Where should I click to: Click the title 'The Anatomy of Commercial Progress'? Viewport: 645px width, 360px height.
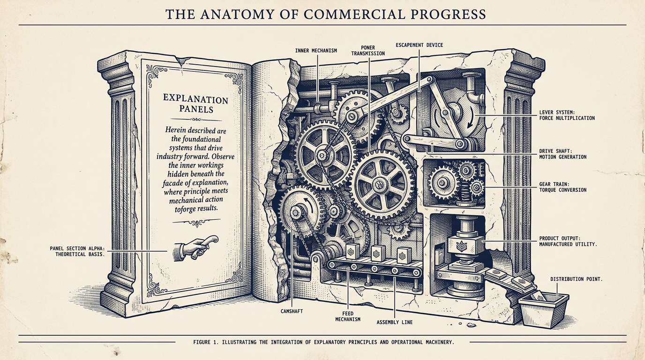click(326, 15)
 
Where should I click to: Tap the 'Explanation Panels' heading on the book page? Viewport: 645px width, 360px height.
click(196, 104)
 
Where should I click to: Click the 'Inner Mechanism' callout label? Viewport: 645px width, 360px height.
click(316, 51)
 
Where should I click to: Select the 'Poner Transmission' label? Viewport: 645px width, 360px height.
click(367, 51)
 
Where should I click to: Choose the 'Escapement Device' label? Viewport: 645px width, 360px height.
click(419, 45)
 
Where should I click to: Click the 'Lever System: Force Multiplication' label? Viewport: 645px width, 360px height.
click(567, 115)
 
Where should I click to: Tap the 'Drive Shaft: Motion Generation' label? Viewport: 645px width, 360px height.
click(562, 154)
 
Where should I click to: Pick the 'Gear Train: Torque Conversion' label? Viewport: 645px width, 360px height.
click(562, 187)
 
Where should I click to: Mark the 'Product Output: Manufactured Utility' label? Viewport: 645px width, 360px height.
click(568, 241)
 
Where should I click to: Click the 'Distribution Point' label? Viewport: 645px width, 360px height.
click(577, 279)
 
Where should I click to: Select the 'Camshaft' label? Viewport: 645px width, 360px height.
click(292, 311)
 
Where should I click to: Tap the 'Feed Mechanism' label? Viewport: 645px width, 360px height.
click(348, 316)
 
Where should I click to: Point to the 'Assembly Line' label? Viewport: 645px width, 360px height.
click(395, 322)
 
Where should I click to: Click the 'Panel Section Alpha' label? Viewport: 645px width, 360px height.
click(77, 251)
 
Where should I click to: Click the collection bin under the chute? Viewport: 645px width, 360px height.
click(543, 310)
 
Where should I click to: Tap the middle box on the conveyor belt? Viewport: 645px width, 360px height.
click(378, 253)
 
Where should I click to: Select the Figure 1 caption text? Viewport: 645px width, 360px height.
click(323, 342)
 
